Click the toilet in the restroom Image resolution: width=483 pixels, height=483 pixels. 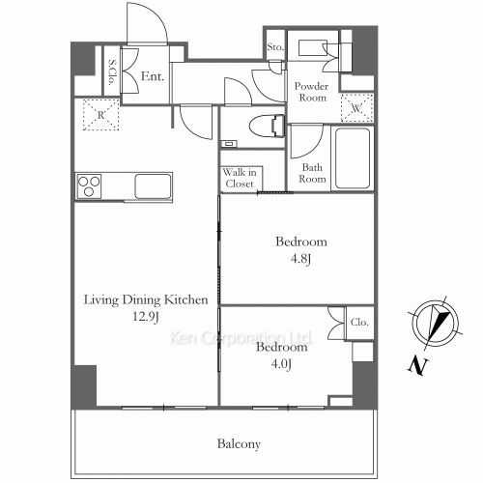click(267, 127)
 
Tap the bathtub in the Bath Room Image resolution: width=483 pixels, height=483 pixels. click(353, 158)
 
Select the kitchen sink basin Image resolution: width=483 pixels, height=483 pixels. click(153, 186)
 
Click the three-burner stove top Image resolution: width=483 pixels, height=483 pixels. click(89, 186)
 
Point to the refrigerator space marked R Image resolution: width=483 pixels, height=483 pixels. click(100, 115)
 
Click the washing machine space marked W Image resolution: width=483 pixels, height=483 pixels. click(356, 108)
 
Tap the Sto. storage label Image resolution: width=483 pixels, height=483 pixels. click(275, 47)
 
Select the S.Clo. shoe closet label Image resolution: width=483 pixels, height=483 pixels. click(112, 71)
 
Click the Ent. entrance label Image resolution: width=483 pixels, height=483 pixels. click(153, 76)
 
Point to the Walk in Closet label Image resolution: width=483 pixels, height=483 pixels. click(240, 178)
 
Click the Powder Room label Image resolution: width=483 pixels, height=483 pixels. click(311, 92)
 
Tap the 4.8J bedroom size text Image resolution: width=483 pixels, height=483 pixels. click(300, 259)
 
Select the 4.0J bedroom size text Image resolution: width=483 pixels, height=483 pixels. click(281, 364)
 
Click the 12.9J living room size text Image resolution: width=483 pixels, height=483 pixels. click(146, 317)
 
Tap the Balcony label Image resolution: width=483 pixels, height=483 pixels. click(239, 444)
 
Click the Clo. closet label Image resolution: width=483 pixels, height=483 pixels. click(359, 322)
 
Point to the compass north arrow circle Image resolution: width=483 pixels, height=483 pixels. click(435, 323)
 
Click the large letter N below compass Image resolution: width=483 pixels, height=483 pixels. click(418, 365)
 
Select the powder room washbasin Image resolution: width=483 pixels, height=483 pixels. click(313, 48)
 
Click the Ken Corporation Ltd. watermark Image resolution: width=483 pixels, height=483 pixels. click(241, 338)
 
